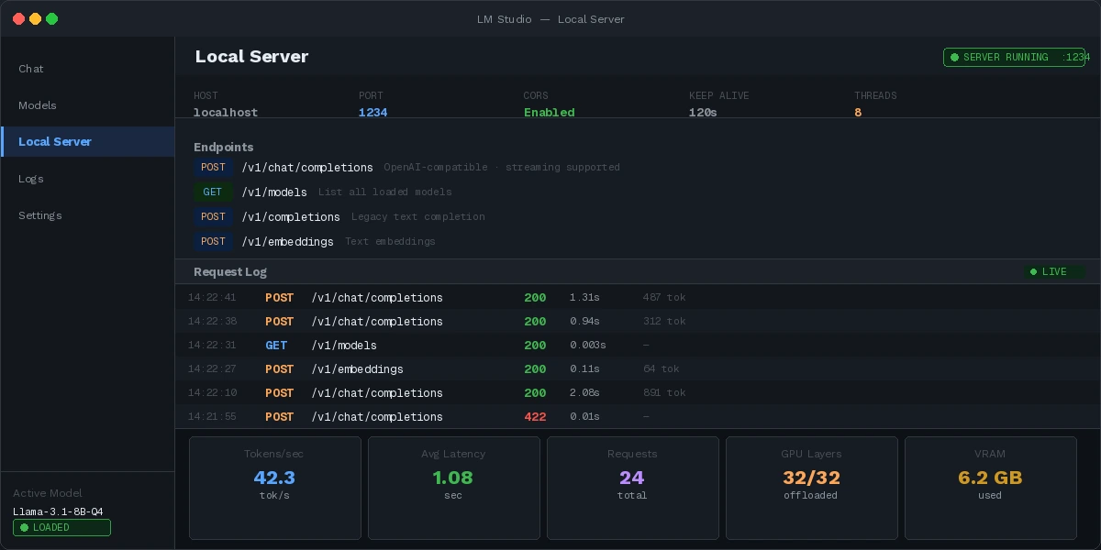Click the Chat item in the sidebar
pyautogui.click(x=31, y=69)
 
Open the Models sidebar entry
pyautogui.click(x=38, y=105)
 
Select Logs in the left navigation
pyautogui.click(x=31, y=179)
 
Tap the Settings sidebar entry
pyautogui.click(x=40, y=215)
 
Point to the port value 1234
pyautogui.click(x=373, y=113)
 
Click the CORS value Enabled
pyautogui.click(x=549, y=113)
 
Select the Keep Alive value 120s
pyautogui.click(x=703, y=113)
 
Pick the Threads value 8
pyautogui.click(x=858, y=113)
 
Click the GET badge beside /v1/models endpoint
pyautogui.click(x=213, y=192)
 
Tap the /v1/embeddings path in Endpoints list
pyautogui.click(x=287, y=242)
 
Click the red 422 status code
pyautogui.click(x=535, y=417)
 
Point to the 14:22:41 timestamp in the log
pyautogui.click(x=212, y=298)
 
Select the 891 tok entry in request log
pyautogui.click(x=664, y=393)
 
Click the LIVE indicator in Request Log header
pyautogui.click(x=1054, y=272)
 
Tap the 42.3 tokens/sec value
pyautogui.click(x=274, y=478)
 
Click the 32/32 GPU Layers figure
pyautogui.click(x=811, y=478)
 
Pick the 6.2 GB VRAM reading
pyautogui.click(x=990, y=478)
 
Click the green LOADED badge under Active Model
pyautogui.click(x=61, y=528)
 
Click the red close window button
pyautogui.click(x=18, y=18)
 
